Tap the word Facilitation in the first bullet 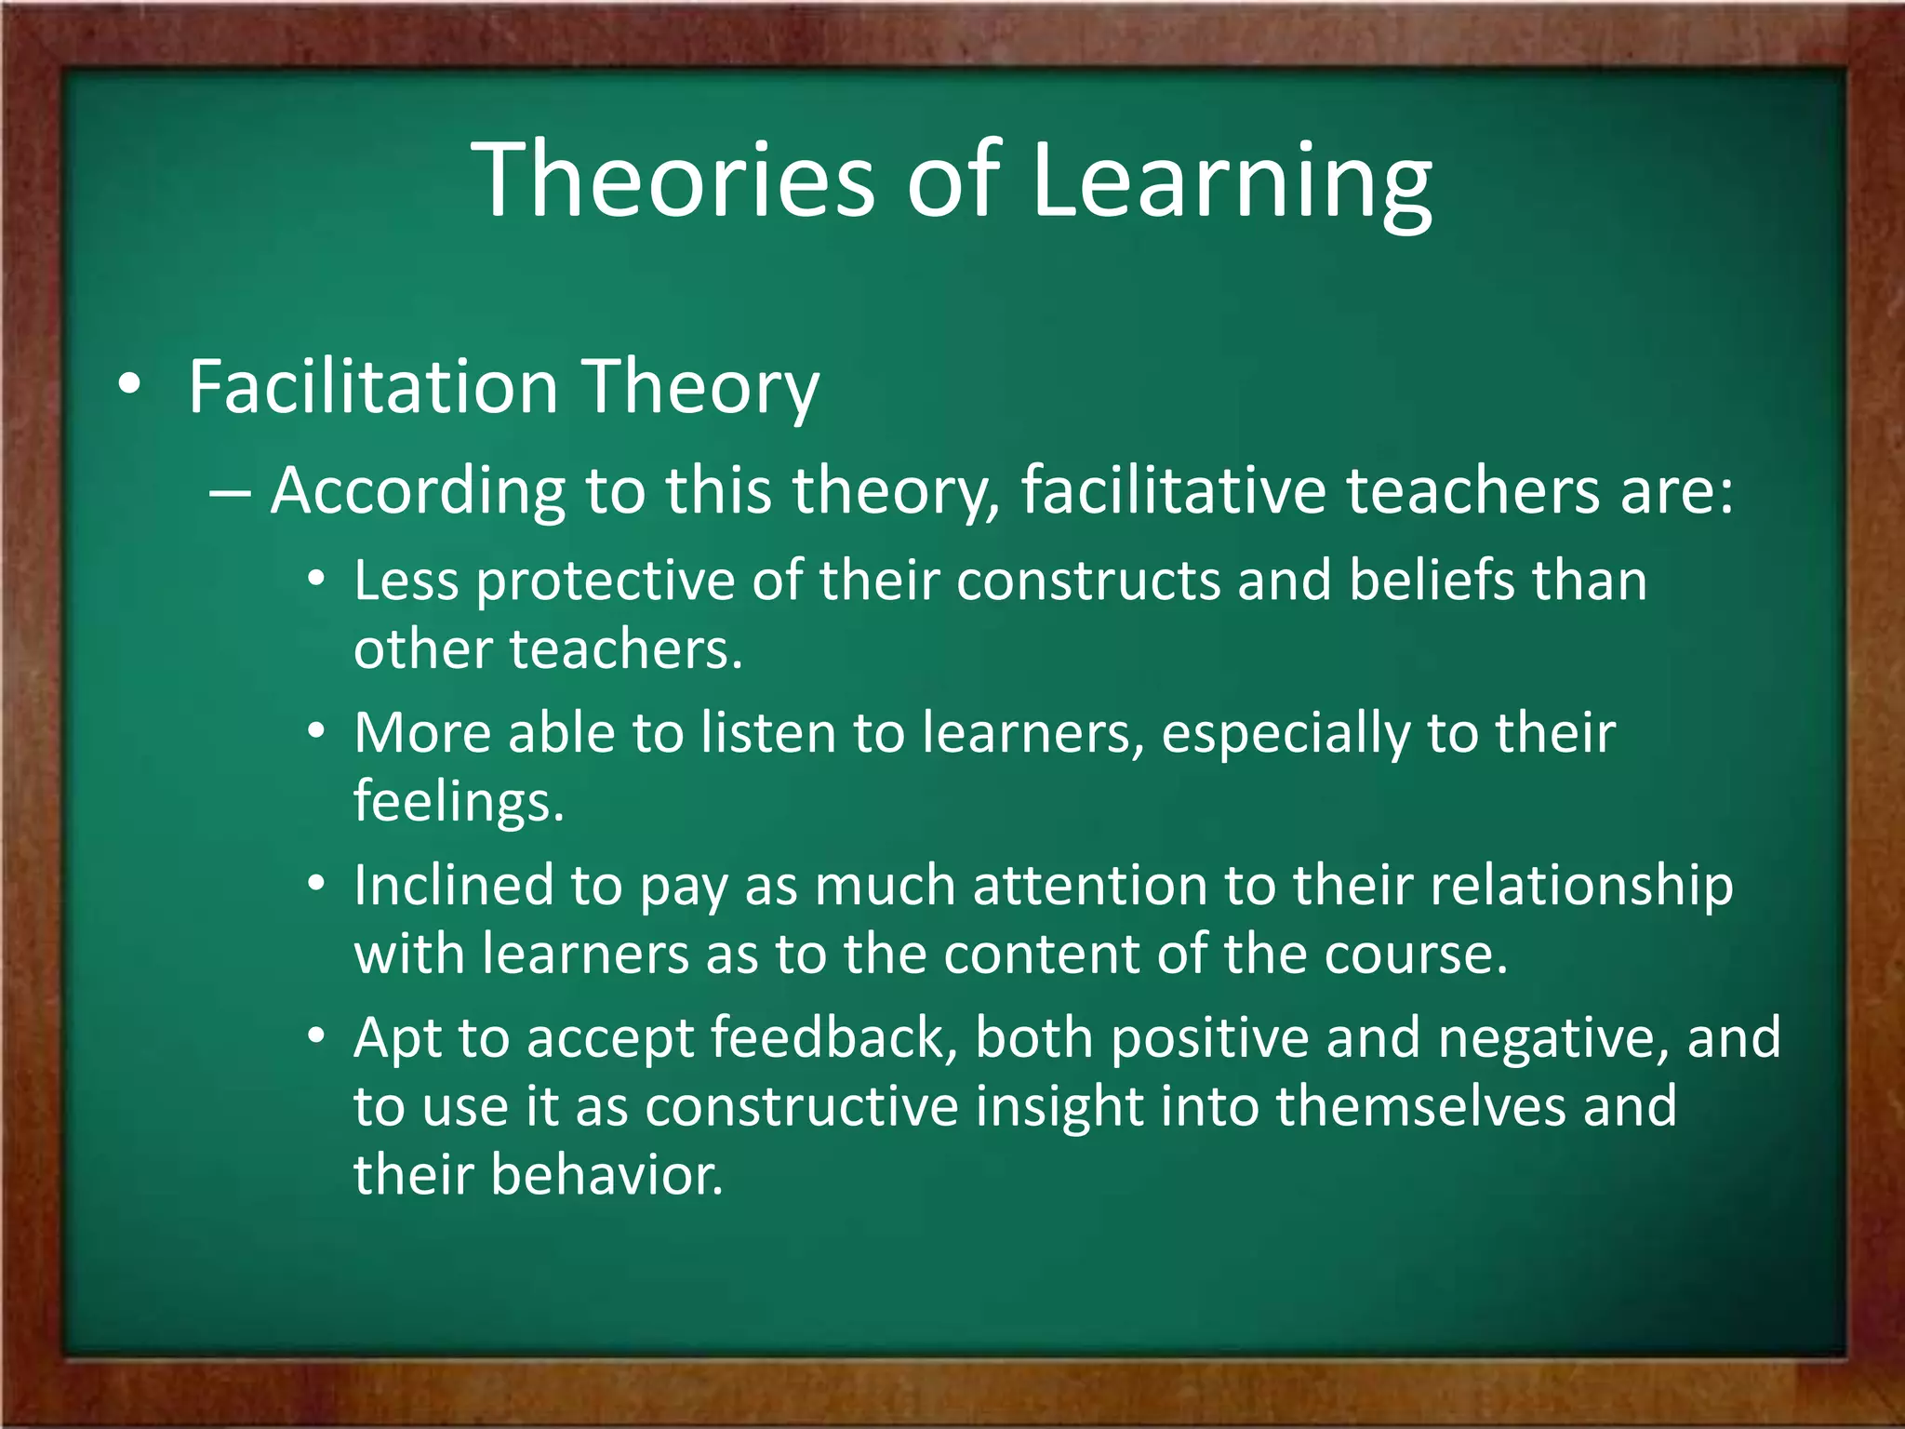pyautogui.click(x=372, y=386)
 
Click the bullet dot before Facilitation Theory pyautogui.click(x=130, y=384)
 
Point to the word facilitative pyautogui.click(x=1173, y=490)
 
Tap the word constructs pyautogui.click(x=1087, y=581)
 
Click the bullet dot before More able pyautogui.click(x=317, y=731)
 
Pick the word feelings pyautogui.click(x=458, y=801)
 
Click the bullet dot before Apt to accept pyautogui.click(x=317, y=1035)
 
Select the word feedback pyautogui.click(x=828, y=1037)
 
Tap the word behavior pyautogui.click(x=606, y=1175)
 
